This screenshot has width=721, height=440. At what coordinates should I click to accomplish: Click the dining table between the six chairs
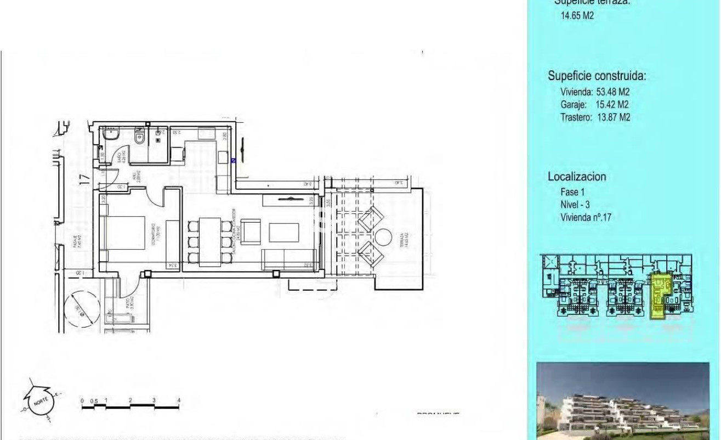click(209, 241)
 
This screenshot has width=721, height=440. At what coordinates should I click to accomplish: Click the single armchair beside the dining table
click(251, 231)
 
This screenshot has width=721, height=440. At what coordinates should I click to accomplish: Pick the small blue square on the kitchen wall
click(233, 161)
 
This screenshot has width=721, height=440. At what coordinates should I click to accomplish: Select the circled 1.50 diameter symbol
click(77, 312)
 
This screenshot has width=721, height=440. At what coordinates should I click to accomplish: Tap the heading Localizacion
click(576, 177)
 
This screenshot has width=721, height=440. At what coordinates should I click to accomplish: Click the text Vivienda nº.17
click(586, 217)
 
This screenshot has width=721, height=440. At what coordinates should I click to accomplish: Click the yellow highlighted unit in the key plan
click(660, 296)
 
